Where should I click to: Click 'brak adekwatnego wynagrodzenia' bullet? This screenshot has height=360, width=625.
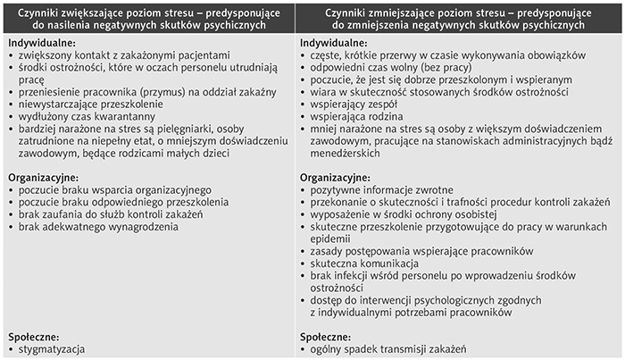[x=98, y=227]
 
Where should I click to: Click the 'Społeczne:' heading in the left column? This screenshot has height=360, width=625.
[x=35, y=337]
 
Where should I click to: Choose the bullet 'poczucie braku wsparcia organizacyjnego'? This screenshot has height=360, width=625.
[x=114, y=190]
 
